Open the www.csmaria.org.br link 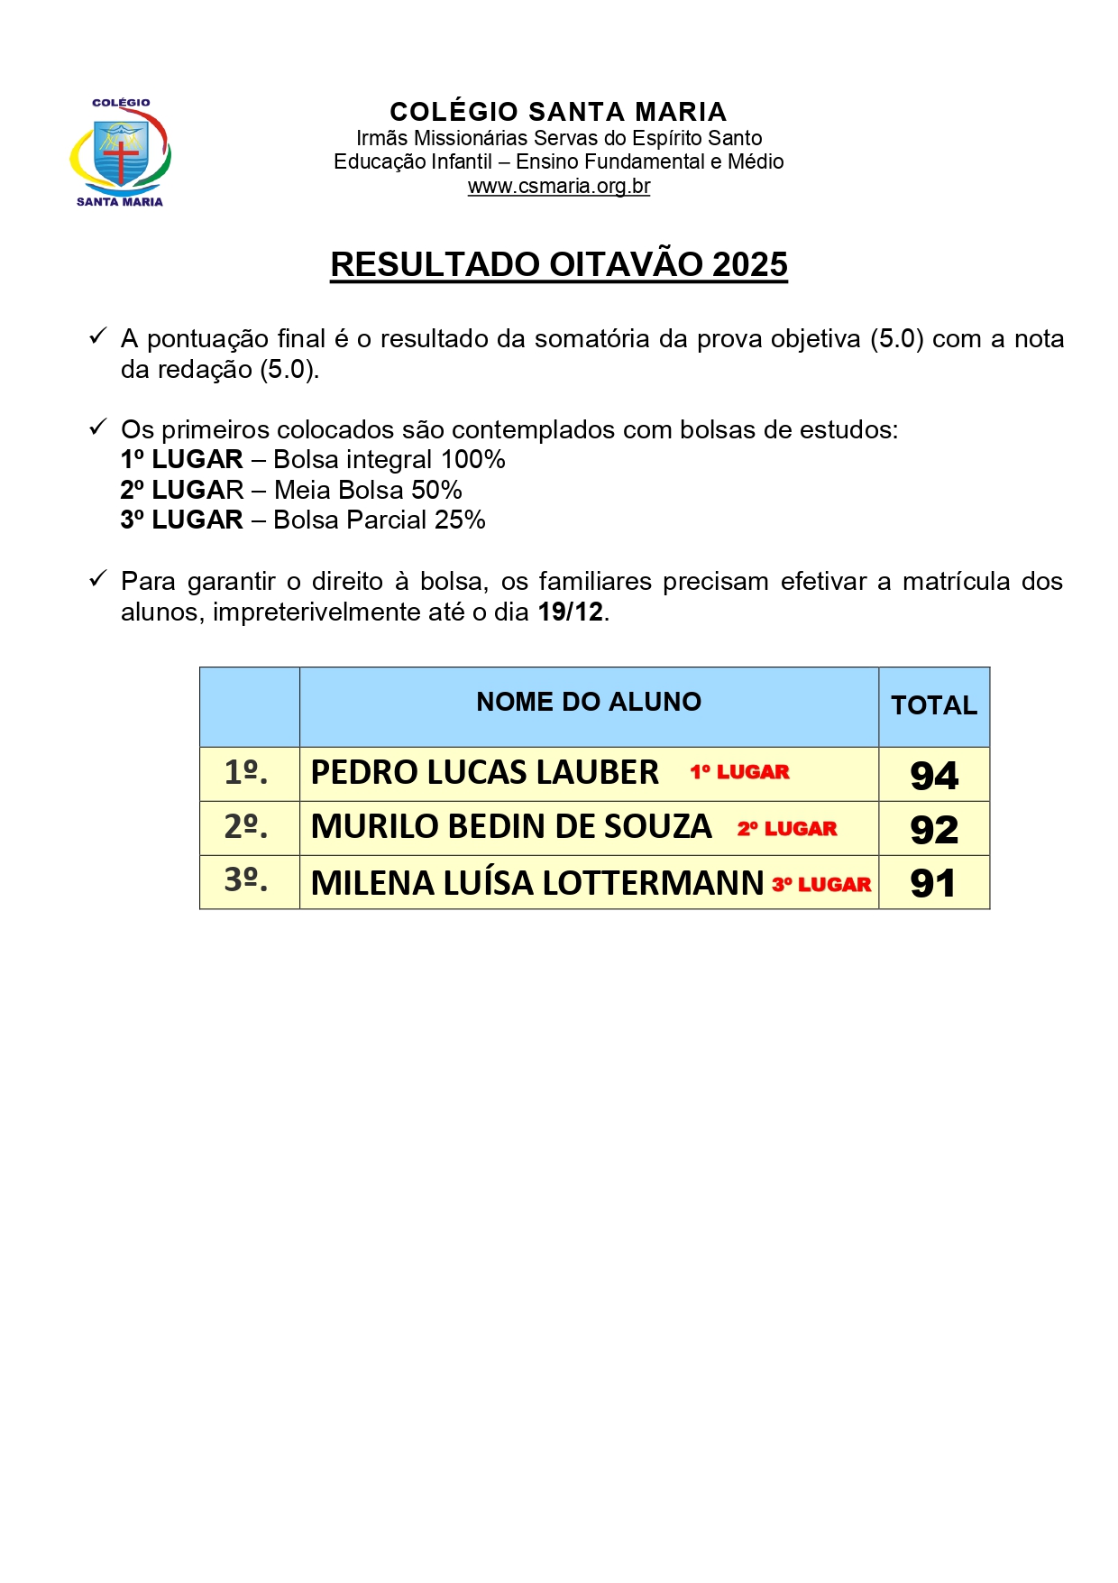tap(558, 187)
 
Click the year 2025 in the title tap(749, 264)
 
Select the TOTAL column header tap(934, 705)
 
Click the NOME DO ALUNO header tap(589, 702)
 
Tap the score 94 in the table tap(934, 776)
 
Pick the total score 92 tap(934, 830)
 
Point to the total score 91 tap(933, 883)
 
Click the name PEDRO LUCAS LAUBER tap(485, 773)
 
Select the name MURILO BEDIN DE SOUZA tap(511, 827)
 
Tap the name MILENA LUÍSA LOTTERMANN tap(537, 883)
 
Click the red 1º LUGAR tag tap(739, 772)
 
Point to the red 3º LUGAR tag tap(821, 885)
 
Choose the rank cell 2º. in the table tap(246, 826)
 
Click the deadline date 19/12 tap(570, 612)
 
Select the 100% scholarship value tap(472, 459)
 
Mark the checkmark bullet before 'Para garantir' tap(98, 579)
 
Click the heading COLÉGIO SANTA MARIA tap(558, 112)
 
